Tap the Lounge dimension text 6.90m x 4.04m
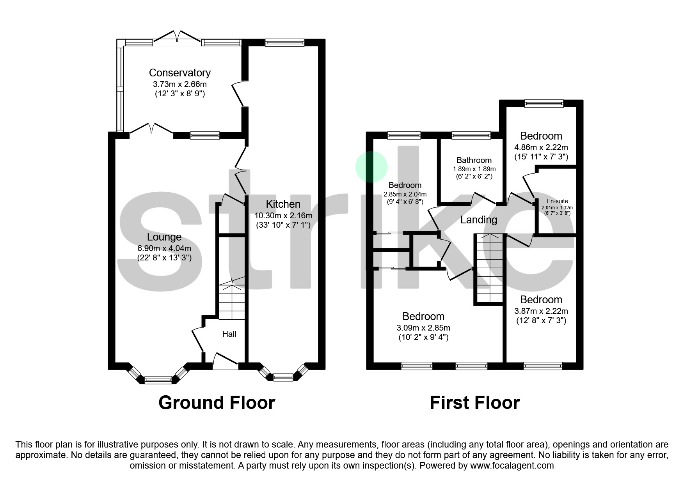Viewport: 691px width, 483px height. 164,248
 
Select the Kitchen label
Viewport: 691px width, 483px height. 283,204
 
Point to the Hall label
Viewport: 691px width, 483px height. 229,334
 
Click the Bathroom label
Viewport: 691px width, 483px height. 474,160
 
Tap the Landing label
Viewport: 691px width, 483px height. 479,220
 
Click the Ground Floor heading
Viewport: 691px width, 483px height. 217,403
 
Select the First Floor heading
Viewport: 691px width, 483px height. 475,403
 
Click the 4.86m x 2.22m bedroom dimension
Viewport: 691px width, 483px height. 541,147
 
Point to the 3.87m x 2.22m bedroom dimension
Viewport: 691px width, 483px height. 541,311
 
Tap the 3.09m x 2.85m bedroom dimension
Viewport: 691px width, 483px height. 423,328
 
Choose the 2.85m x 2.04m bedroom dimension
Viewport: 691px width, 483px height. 405,194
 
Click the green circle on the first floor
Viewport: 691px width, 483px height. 371,166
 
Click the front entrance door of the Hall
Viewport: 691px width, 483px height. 226,361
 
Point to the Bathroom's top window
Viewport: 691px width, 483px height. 471,135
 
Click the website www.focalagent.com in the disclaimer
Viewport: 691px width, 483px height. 512,465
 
